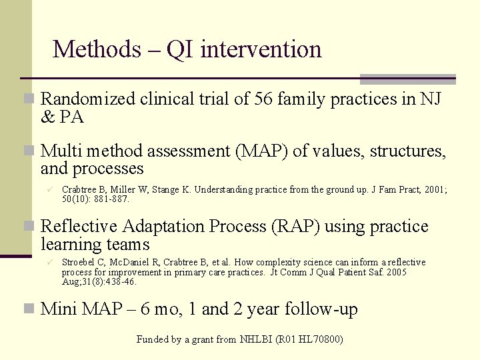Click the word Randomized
(x=90, y=99)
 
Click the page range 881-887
(x=112, y=199)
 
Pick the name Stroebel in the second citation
(x=79, y=263)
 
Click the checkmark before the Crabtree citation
(x=49, y=190)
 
